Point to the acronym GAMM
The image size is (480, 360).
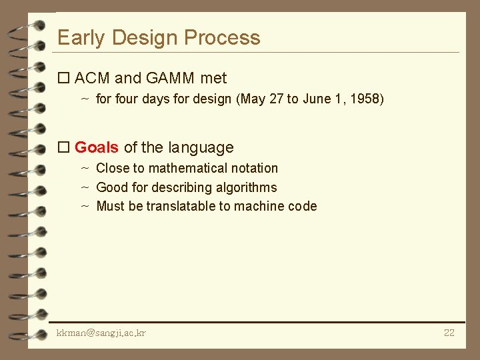[170, 78]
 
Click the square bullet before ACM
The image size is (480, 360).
[64, 79]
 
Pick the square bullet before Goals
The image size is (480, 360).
[64, 148]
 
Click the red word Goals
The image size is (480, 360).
[97, 147]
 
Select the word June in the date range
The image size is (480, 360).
[317, 99]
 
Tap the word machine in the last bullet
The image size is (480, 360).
[262, 206]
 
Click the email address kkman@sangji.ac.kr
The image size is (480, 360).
[101, 333]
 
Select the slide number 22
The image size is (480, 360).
[449, 333]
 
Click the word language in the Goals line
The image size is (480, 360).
[201, 147]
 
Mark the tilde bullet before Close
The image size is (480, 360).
[85, 169]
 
